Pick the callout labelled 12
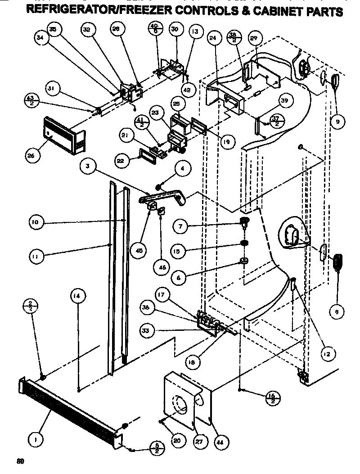pos(326,354)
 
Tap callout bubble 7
pos(180,226)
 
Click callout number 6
pos(179,278)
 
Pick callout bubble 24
pos(213,38)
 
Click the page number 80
pos(19,461)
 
